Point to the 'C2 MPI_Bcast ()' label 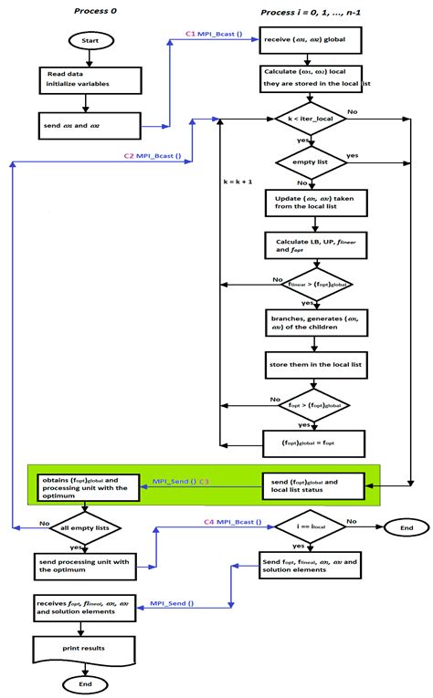coord(153,156)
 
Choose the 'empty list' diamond coord(313,161)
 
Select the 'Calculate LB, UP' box coord(313,244)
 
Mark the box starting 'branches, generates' coord(313,320)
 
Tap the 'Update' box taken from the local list coord(313,203)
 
